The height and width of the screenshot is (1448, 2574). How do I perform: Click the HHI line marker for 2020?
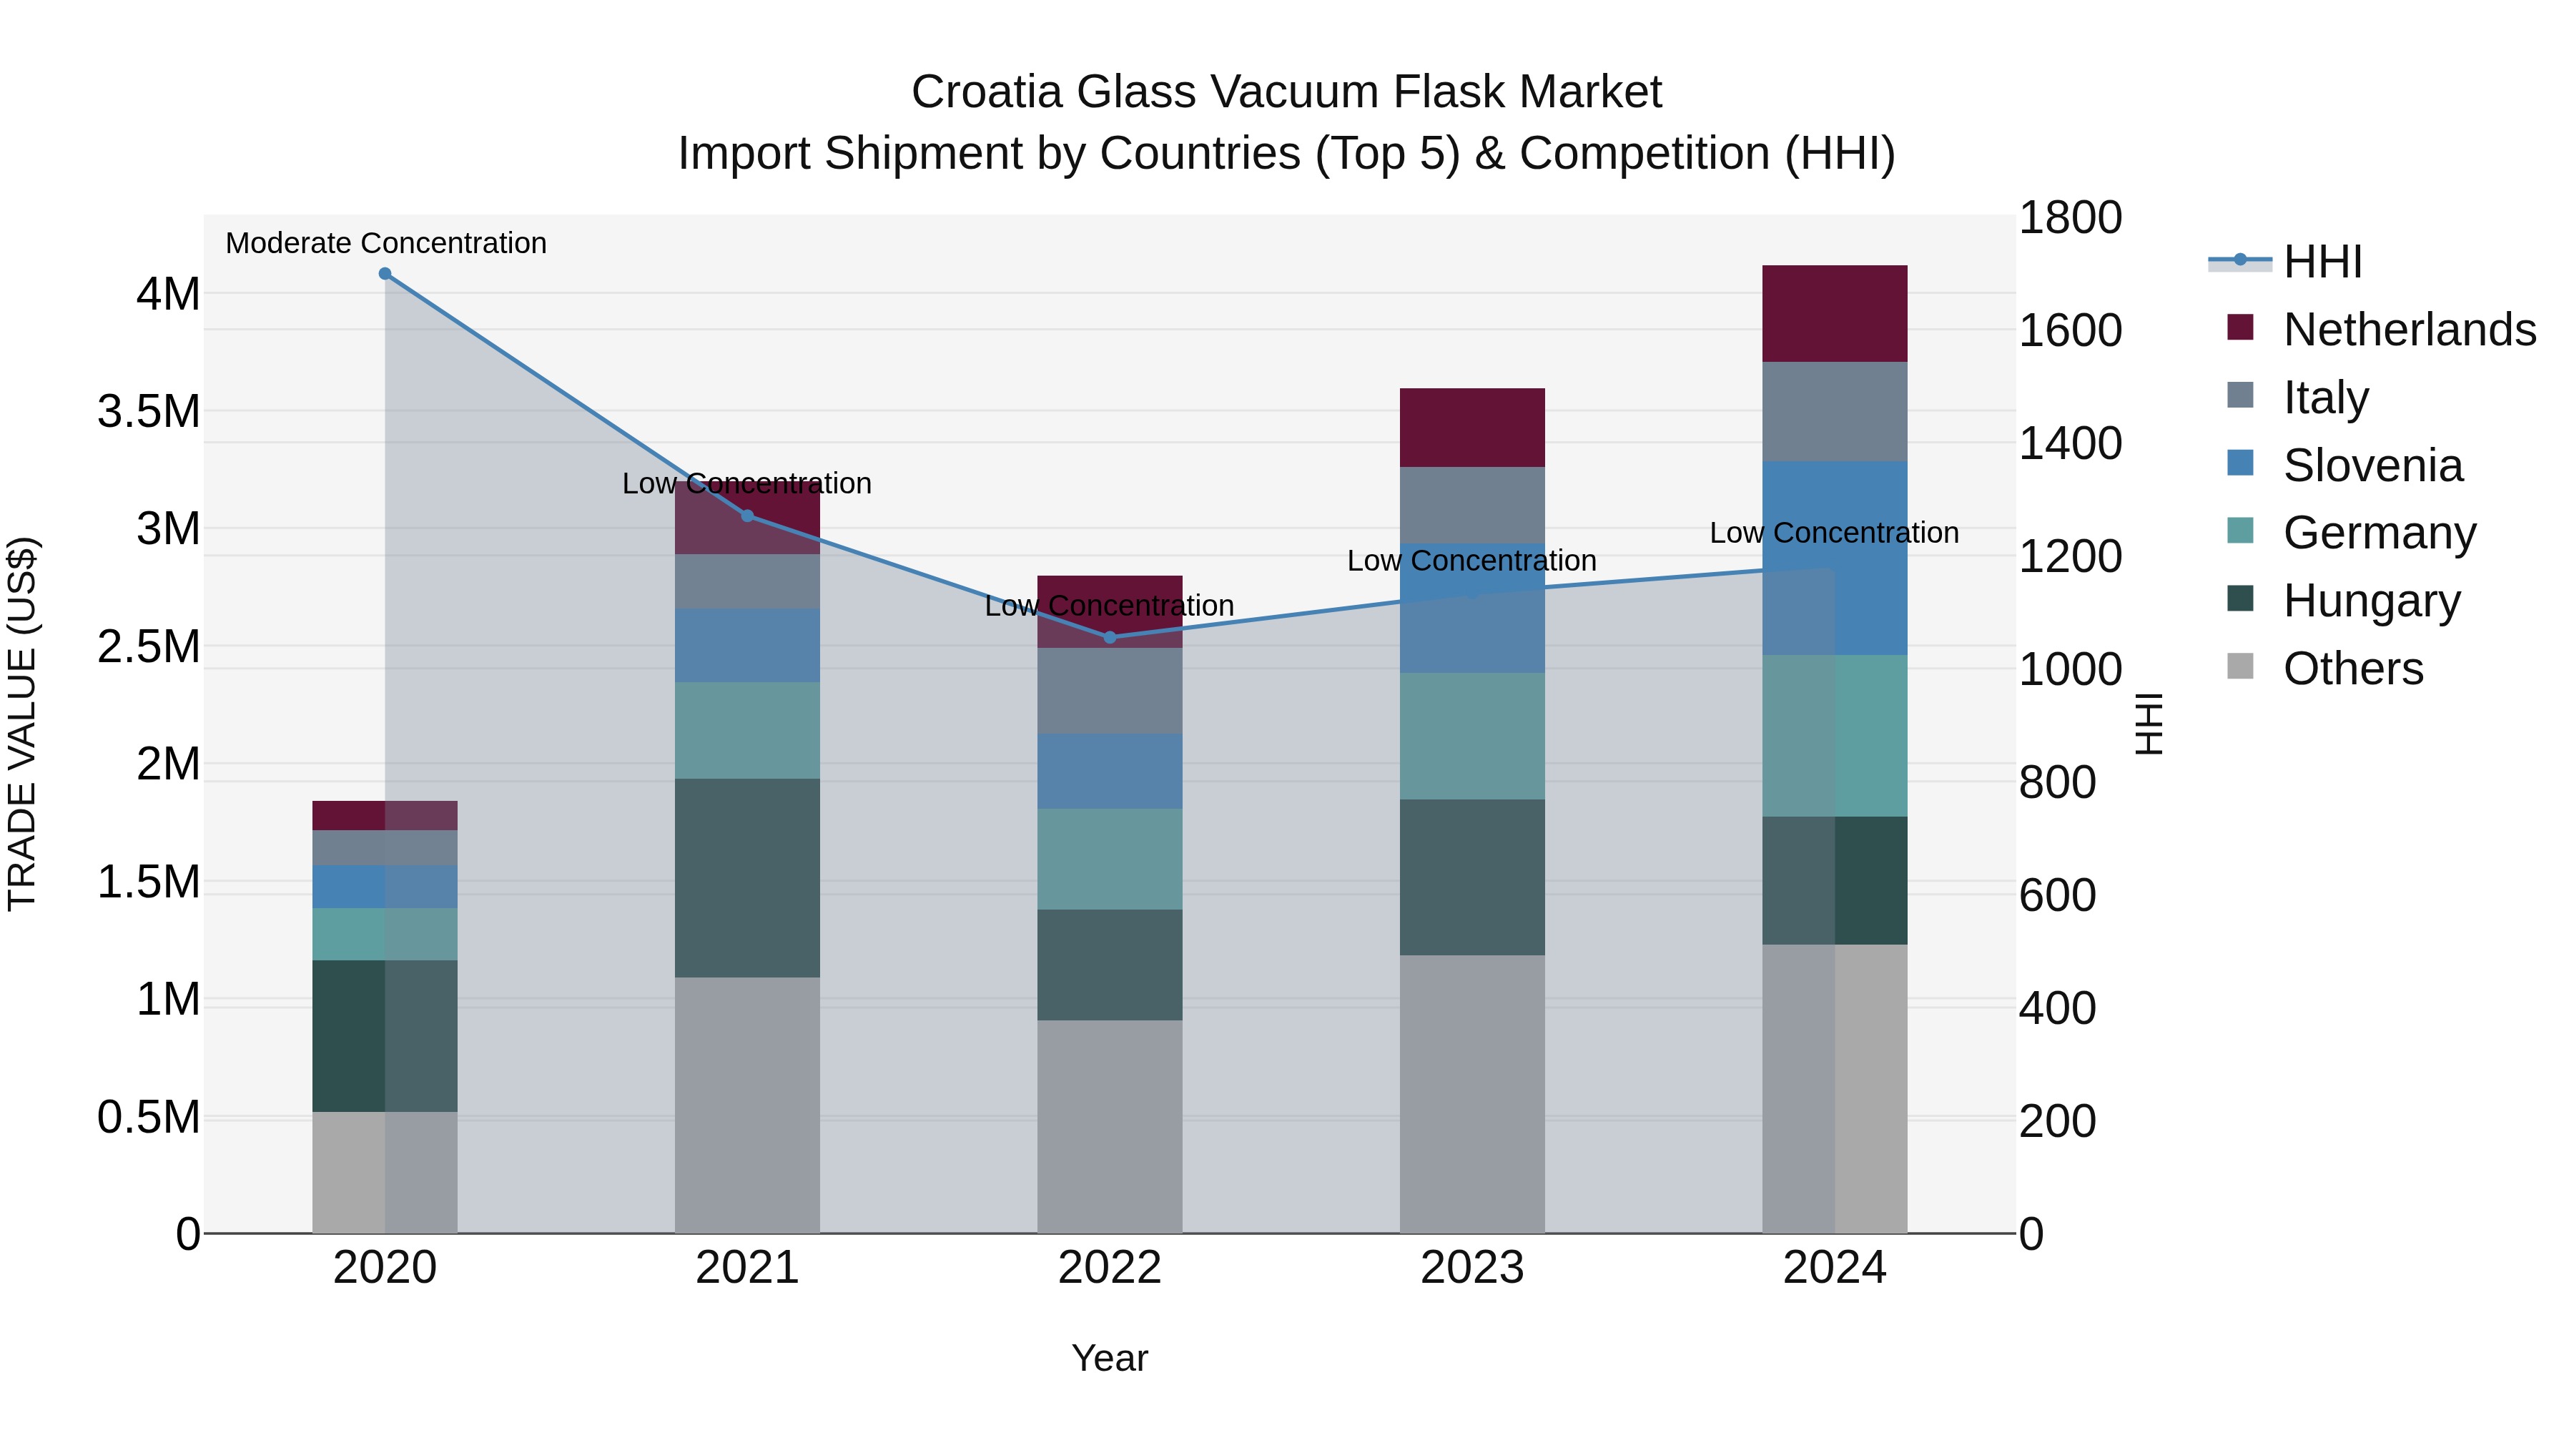click(385, 274)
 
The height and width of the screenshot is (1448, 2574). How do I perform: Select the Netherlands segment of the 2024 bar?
click(1835, 314)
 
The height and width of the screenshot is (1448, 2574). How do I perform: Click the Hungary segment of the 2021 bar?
click(747, 877)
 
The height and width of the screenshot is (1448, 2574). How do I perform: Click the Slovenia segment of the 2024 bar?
click(1835, 558)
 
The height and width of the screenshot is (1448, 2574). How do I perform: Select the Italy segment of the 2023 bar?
click(1472, 505)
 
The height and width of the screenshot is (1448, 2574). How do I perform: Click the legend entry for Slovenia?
click(2372, 466)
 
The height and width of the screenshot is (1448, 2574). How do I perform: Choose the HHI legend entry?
click(2322, 262)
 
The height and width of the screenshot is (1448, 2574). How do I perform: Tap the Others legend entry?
click(2352, 669)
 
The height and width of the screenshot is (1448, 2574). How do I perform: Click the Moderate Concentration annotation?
click(385, 243)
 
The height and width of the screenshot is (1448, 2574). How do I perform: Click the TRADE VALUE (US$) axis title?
click(22, 724)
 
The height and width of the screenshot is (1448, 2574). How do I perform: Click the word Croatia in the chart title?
click(985, 92)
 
